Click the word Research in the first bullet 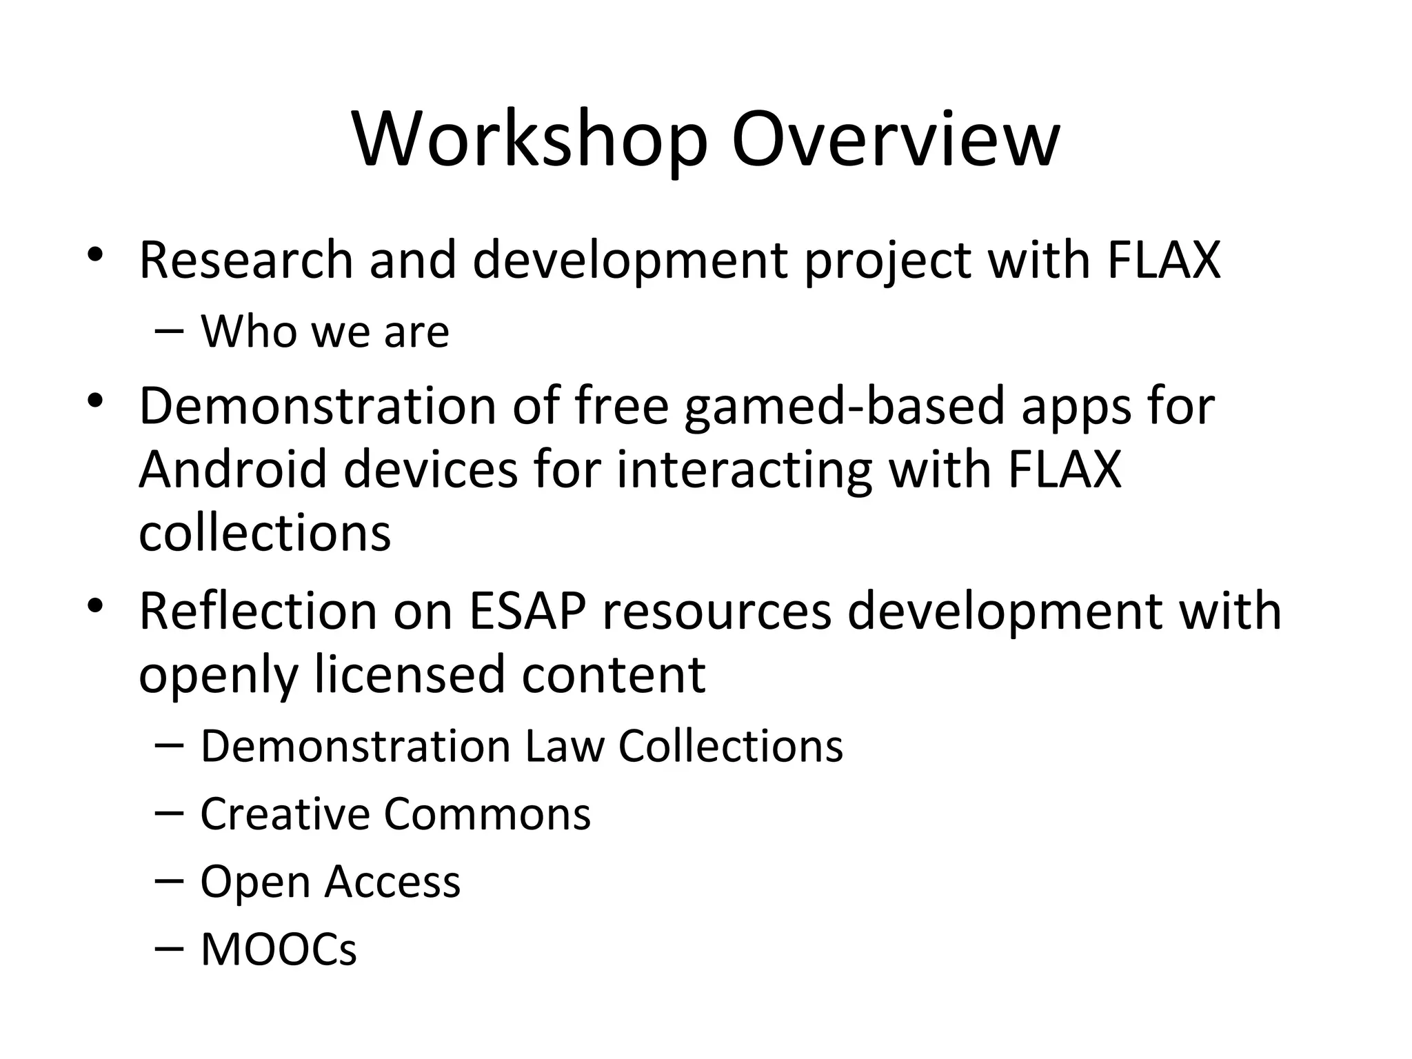click(245, 260)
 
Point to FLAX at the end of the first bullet click(1163, 260)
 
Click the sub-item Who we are click(324, 332)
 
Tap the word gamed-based click(845, 407)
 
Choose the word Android click(232, 470)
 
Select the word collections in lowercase click(265, 533)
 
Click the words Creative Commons click(395, 814)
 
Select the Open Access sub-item click(330, 882)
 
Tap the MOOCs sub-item click(279, 949)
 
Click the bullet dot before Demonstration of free click(95, 400)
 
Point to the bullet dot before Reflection click(95, 605)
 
